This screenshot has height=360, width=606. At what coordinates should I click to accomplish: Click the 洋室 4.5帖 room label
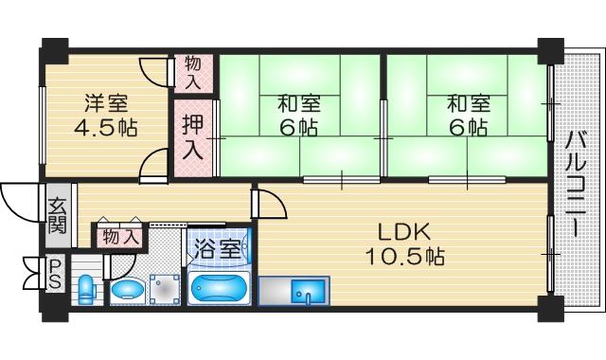(105, 116)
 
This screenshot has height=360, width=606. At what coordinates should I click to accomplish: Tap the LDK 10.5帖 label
(404, 243)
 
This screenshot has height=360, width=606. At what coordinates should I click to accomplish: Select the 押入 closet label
(192, 137)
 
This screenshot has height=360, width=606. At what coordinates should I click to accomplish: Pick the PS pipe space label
(56, 274)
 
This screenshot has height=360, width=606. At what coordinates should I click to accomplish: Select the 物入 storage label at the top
(192, 73)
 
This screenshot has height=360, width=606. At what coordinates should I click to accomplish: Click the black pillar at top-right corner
(551, 50)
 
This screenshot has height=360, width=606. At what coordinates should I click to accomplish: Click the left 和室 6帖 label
(299, 116)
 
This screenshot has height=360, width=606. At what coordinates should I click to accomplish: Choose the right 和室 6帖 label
(469, 116)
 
